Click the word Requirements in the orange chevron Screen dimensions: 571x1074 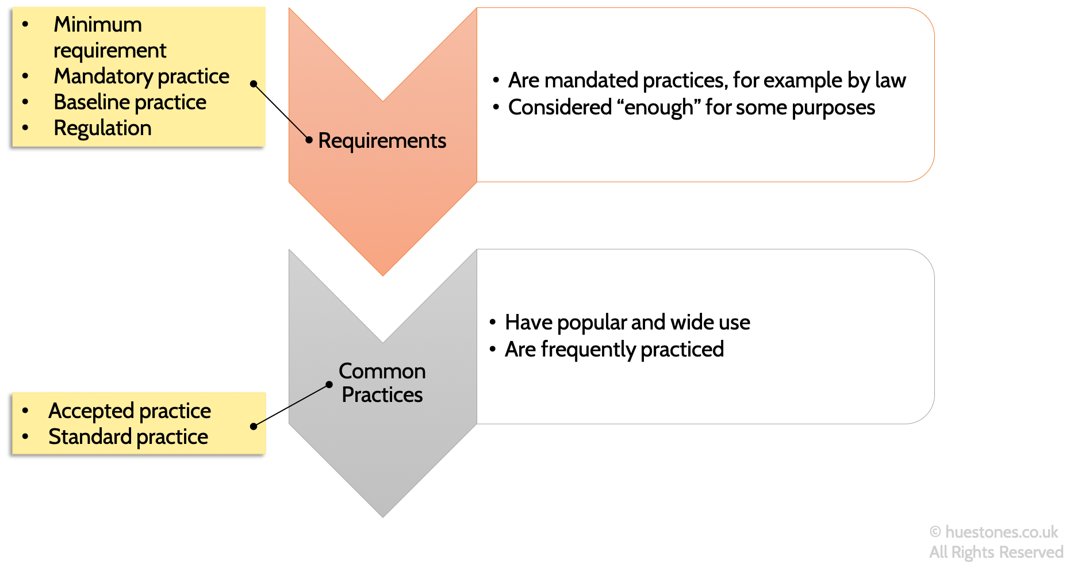pos(382,141)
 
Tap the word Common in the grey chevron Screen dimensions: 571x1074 pos(382,371)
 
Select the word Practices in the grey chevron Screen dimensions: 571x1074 pos(382,395)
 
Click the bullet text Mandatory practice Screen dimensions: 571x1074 pos(141,76)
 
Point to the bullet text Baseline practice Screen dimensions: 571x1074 pos(130,102)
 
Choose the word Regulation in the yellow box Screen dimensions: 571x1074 pos(102,128)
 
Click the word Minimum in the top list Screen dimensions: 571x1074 pos(98,25)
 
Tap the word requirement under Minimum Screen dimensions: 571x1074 pos(110,51)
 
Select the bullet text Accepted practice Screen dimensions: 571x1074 pos(129,411)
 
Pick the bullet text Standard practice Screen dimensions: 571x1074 pos(128,437)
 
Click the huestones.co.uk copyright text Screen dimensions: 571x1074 pos(994,532)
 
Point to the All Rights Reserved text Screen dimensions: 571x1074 pos(996,552)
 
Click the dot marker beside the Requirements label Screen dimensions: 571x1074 pos(309,140)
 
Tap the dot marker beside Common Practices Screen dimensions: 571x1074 pos(329,385)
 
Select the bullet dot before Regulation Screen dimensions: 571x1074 pos(25,128)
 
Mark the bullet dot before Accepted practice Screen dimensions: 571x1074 pos(25,411)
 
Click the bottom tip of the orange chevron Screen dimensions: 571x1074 pos(383,274)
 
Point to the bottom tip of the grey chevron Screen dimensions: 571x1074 pos(383,516)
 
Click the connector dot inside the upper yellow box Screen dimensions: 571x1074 pos(254,84)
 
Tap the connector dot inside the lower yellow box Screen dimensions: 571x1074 pos(254,426)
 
